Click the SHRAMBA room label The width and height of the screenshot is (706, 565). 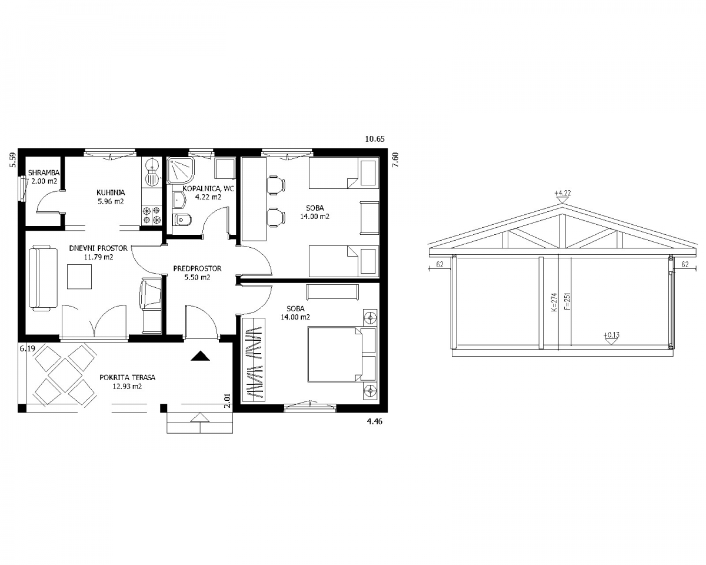44,172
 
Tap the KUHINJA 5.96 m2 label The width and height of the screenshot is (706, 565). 111,197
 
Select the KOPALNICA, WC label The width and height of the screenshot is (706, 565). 208,189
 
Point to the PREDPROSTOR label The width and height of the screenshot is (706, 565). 197,268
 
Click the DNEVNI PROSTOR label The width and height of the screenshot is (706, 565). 98,248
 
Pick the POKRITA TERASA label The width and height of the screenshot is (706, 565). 127,377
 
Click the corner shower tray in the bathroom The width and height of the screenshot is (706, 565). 180,171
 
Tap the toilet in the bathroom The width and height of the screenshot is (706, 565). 178,220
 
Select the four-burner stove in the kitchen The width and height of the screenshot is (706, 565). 152,215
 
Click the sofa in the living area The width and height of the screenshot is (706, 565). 44,277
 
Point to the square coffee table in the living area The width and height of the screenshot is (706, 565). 79,277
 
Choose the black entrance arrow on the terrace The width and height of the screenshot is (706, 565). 200,356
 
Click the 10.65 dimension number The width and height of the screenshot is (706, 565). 375,139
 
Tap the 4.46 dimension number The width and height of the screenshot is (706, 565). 374,421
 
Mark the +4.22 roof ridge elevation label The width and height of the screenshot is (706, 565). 562,193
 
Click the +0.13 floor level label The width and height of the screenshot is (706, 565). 611,335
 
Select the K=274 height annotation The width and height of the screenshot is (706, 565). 554,302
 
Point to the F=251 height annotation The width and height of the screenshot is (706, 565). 568,301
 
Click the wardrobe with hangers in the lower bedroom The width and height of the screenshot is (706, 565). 253,360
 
